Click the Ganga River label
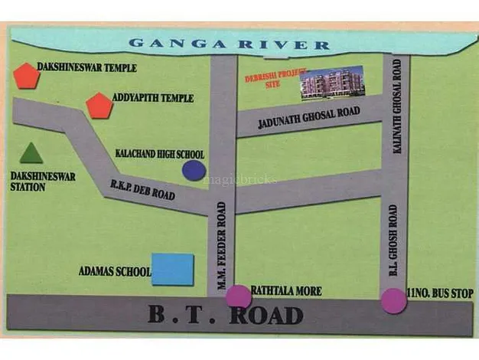point(229,44)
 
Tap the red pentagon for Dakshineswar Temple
point(26,76)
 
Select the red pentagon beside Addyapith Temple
point(99,106)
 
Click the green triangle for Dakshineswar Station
point(31,153)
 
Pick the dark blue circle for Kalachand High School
point(194,170)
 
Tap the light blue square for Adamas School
point(172,269)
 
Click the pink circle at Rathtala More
point(238,296)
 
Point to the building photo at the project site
point(331,83)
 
